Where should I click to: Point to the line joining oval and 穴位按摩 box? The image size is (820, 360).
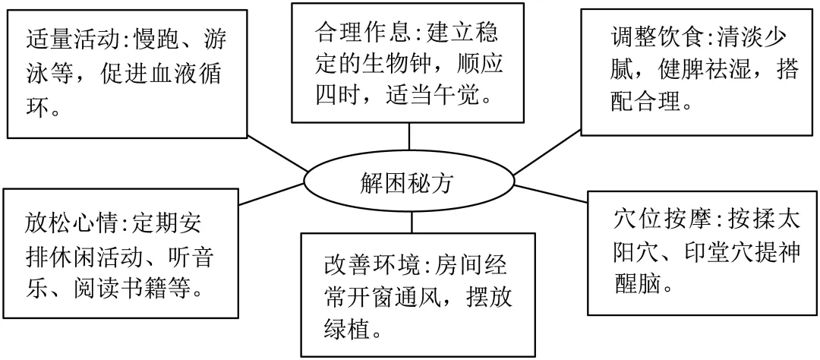tap(550, 191)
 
